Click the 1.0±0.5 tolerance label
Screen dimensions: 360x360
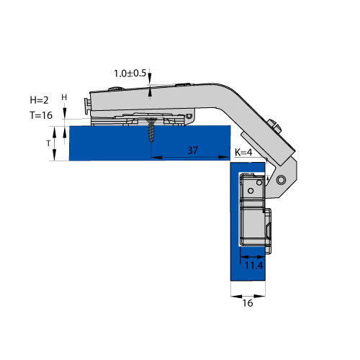click(x=130, y=73)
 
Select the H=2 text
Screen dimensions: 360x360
click(x=39, y=100)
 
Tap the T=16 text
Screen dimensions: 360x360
click(x=41, y=115)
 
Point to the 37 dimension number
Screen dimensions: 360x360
click(x=192, y=150)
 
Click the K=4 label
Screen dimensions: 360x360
click(x=243, y=152)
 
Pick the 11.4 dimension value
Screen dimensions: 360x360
click(x=253, y=266)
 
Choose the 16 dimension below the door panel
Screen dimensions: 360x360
click(x=248, y=303)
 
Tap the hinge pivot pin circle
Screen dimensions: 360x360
click(x=281, y=179)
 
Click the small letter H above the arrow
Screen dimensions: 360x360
click(x=64, y=97)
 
